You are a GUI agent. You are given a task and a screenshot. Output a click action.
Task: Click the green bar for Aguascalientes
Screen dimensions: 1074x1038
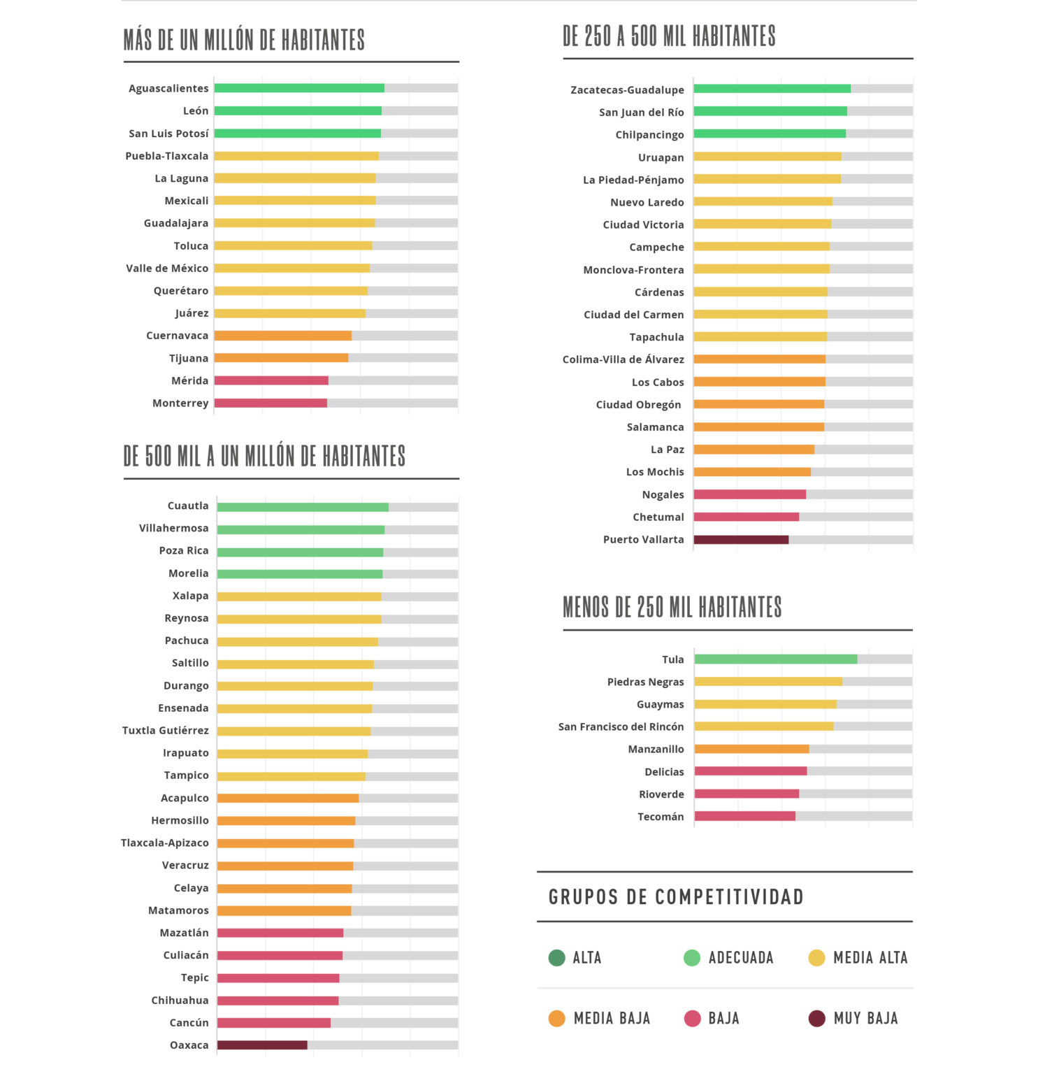click(299, 88)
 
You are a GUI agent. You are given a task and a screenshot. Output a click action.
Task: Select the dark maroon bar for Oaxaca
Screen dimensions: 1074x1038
click(262, 1045)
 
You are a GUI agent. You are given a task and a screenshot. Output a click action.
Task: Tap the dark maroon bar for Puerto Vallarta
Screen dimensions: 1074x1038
click(741, 540)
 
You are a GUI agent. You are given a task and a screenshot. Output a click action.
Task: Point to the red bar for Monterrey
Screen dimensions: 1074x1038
click(271, 403)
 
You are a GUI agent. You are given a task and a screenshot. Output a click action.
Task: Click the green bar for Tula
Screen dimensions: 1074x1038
click(776, 659)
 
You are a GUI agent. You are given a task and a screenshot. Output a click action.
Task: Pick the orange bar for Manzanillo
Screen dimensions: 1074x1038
click(751, 749)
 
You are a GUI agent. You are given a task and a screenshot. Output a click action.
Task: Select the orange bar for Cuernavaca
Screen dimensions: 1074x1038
click(283, 336)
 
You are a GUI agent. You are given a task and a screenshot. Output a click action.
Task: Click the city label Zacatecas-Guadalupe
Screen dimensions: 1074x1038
click(627, 90)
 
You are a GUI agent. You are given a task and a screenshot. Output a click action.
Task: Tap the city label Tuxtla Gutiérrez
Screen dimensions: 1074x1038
click(166, 731)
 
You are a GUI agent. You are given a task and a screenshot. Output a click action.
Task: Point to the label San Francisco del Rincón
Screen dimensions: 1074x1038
click(621, 727)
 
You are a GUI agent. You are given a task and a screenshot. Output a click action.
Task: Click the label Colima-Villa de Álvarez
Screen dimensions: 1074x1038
click(623, 360)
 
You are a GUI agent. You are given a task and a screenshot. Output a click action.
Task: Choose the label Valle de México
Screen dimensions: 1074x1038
click(167, 268)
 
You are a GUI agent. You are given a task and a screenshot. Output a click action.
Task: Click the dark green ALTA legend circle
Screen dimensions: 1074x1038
click(556, 958)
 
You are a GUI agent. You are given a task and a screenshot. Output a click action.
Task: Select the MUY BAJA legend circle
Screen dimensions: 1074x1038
click(816, 1019)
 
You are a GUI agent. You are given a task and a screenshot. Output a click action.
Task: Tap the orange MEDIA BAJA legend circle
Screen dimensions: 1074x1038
click(556, 1019)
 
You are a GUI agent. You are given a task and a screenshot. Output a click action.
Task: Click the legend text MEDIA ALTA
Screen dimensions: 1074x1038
click(870, 958)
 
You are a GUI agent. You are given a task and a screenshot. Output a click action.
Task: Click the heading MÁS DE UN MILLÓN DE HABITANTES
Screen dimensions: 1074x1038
click(244, 41)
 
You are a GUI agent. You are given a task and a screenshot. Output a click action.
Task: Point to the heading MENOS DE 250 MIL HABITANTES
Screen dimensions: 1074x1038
click(672, 608)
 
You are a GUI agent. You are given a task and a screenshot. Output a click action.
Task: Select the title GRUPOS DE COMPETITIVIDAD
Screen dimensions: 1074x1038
click(676, 897)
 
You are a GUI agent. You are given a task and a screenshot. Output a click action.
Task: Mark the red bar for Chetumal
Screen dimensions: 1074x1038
click(746, 517)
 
